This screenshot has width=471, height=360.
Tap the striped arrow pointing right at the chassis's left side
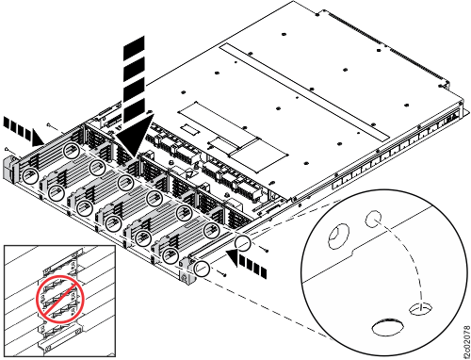[18, 123]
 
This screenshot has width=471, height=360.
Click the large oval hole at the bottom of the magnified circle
[386, 329]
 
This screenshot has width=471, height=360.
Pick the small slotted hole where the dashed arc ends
[419, 307]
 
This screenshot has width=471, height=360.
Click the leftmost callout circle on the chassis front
[29, 176]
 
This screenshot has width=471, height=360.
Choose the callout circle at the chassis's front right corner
[200, 268]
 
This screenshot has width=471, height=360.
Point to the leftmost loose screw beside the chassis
[8, 150]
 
